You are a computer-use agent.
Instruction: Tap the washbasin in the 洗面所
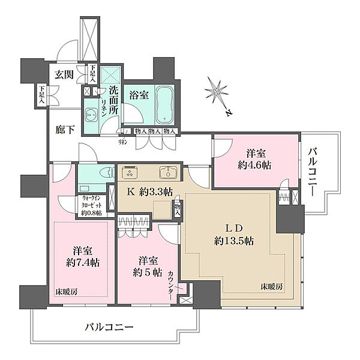pos(91,114)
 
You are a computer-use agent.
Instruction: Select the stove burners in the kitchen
pos(129,173)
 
